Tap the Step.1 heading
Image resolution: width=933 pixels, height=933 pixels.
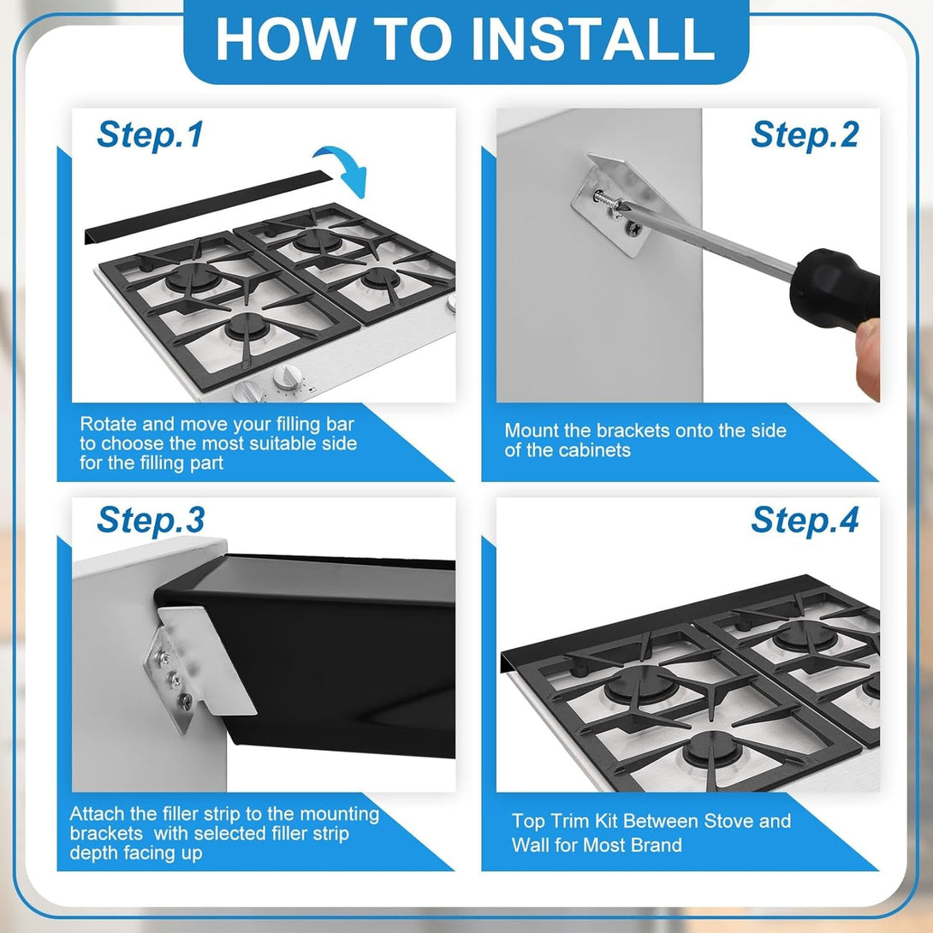(x=150, y=135)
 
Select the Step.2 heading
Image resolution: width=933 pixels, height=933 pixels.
(x=805, y=135)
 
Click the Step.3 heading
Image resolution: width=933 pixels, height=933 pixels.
(x=150, y=520)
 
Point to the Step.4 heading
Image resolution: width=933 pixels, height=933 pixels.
(x=805, y=520)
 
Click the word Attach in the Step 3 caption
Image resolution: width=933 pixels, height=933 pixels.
(x=95, y=813)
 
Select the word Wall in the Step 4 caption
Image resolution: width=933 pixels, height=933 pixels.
(x=534, y=846)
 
